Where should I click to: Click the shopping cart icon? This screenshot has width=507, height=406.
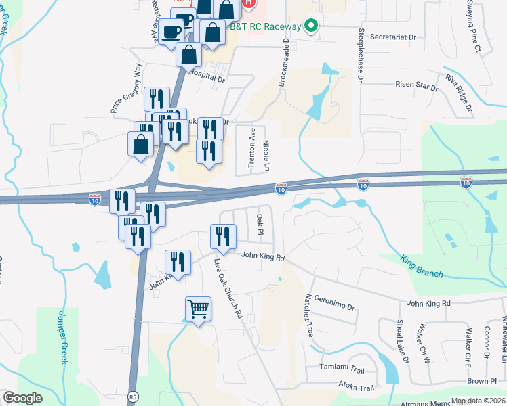click(x=198, y=309)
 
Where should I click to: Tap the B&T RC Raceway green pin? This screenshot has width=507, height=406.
click(x=311, y=26)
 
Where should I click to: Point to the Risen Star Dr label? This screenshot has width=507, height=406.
click(x=417, y=85)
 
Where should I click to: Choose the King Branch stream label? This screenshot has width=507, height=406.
click(x=422, y=266)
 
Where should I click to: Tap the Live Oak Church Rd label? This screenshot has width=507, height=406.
click(x=228, y=288)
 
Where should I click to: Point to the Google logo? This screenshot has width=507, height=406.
click(x=23, y=398)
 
